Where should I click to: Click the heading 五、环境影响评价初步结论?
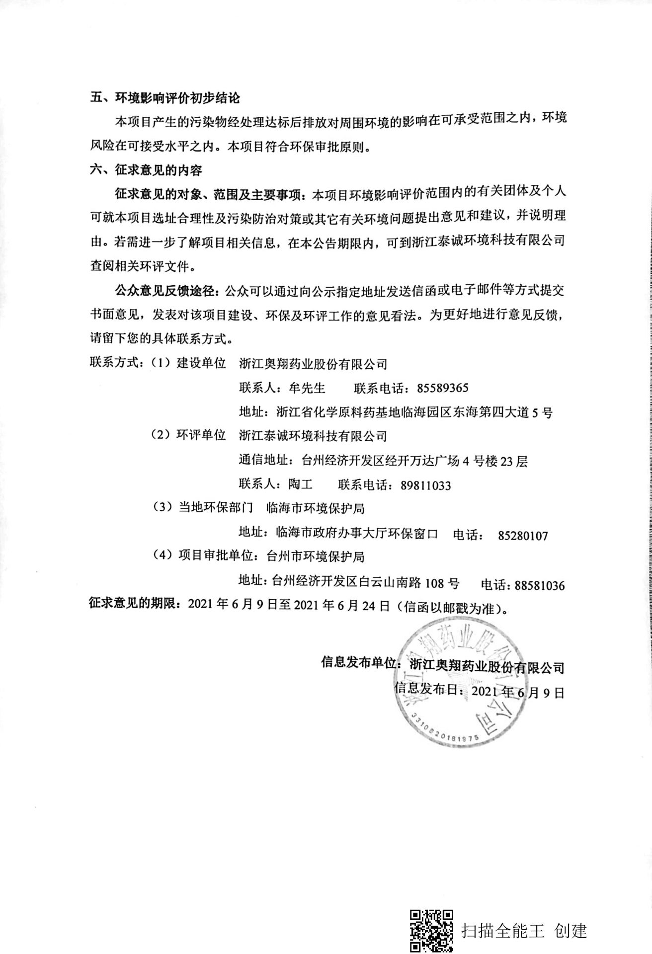(164, 98)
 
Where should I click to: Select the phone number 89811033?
(426, 485)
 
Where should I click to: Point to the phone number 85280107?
(522, 536)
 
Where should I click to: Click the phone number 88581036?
(540, 585)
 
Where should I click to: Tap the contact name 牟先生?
(307, 388)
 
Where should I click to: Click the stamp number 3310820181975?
(444, 729)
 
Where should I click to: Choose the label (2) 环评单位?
(188, 436)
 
